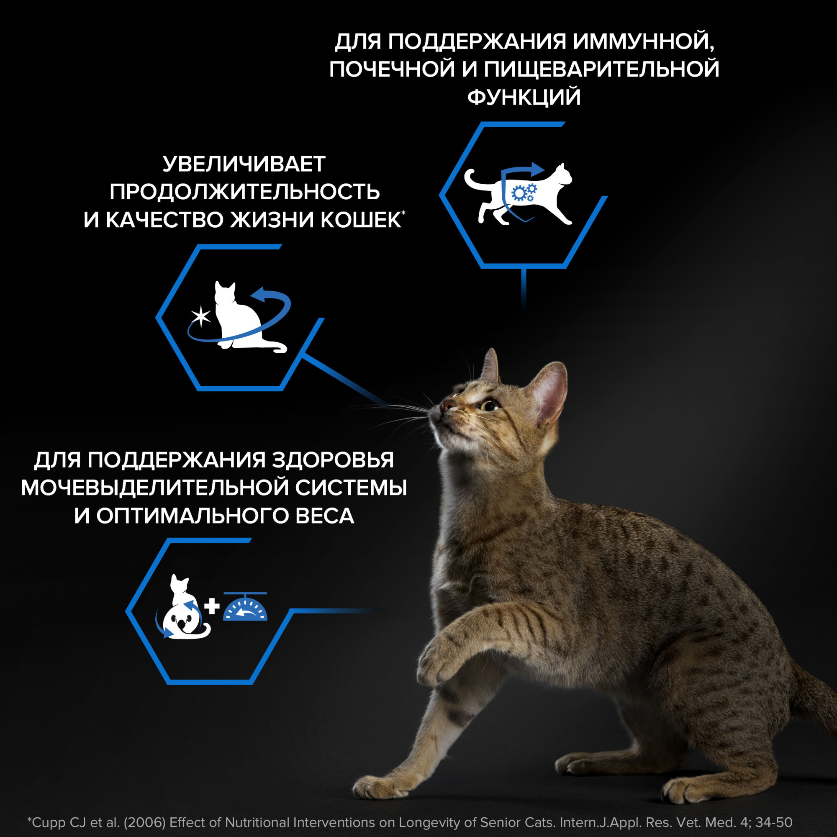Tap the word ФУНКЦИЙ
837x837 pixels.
point(524,97)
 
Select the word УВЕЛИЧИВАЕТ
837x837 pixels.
point(244,164)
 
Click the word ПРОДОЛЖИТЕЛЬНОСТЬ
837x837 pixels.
point(245,192)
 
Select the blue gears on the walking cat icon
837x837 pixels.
point(524,192)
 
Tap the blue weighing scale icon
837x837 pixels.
point(245,607)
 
